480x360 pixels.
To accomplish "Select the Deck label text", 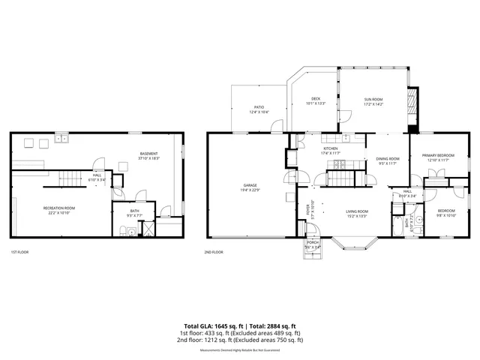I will click(316, 98).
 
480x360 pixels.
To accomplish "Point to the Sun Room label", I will click(373, 99).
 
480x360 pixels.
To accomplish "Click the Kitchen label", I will click(331, 148).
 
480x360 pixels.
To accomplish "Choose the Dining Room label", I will click(387, 159).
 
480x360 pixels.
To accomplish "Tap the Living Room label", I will click(356, 212).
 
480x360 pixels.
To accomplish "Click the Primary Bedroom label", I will click(438, 155).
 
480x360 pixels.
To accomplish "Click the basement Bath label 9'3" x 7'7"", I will click(135, 214).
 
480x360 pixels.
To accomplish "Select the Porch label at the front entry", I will click(312, 245).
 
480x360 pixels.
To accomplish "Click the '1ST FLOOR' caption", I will click(19, 253).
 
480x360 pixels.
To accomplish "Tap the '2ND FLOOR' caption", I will click(214, 253).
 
